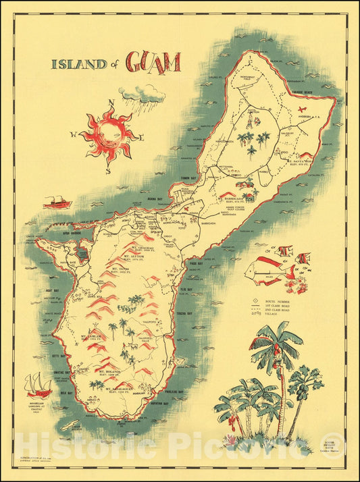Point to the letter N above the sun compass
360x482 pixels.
coord(113,103)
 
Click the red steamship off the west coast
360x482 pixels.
coord(57,202)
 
